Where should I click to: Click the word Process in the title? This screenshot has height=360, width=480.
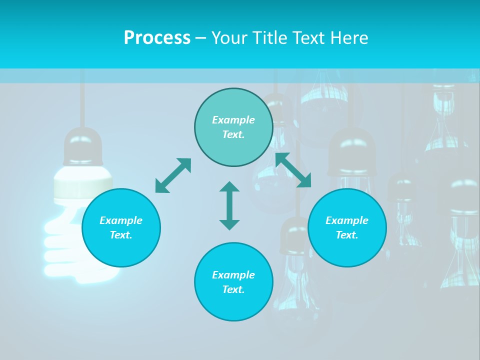(157, 38)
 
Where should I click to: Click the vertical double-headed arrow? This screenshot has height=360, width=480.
(229, 205)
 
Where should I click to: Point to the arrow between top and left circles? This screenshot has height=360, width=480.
(173, 175)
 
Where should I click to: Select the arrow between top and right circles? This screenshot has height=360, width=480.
(293, 170)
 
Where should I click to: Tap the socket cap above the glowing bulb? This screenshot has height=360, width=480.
(82, 146)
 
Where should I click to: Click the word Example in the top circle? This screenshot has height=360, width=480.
(233, 120)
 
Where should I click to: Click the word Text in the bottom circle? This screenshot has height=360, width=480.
(233, 289)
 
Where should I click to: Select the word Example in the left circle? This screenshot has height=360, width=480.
(121, 220)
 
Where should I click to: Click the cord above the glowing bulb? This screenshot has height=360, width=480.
(82, 100)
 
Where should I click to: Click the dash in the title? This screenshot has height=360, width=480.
(200, 38)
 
